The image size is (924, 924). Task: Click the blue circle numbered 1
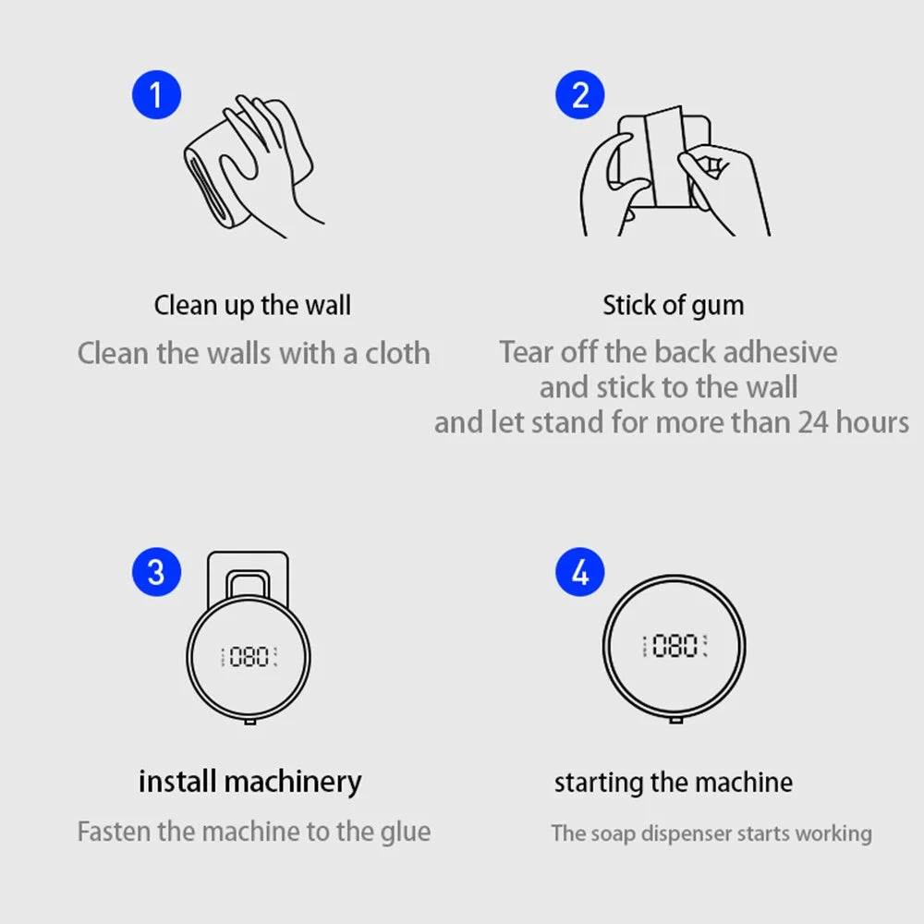tap(156, 95)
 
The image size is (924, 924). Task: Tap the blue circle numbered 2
tap(580, 95)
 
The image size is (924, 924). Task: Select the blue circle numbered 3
tap(156, 572)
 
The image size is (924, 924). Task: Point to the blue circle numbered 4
tap(580, 572)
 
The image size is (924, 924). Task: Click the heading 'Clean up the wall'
tap(252, 306)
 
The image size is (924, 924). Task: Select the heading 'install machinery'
tap(249, 783)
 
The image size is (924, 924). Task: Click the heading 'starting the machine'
tap(673, 784)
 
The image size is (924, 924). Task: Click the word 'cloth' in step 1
tap(397, 354)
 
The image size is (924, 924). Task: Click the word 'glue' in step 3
tap(406, 833)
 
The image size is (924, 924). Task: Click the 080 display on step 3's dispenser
tap(249, 656)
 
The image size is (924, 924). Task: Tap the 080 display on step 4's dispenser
tap(675, 646)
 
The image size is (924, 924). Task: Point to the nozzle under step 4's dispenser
tap(676, 720)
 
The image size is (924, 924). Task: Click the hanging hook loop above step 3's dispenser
tap(248, 574)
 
